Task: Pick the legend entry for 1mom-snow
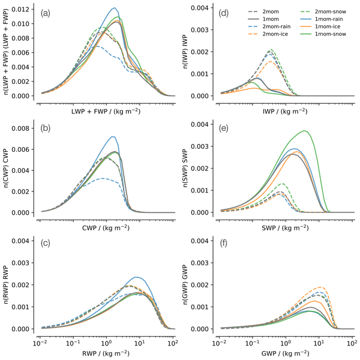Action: (331, 31)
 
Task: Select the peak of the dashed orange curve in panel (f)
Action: (320, 287)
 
